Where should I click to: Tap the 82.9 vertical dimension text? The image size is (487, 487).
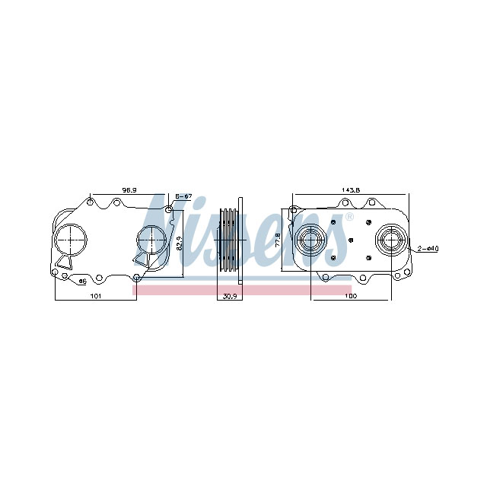click(180, 242)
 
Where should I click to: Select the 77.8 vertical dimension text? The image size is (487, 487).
click(279, 240)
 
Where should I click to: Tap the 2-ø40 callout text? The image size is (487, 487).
click(428, 249)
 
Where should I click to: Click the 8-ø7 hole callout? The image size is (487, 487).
click(183, 196)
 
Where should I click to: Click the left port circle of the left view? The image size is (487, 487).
click(71, 241)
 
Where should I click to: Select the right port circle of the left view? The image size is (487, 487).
click(151, 241)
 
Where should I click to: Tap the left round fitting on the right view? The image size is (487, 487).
click(311, 241)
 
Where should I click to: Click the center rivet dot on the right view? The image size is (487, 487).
click(351, 240)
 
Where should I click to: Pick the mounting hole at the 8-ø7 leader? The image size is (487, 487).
click(169, 208)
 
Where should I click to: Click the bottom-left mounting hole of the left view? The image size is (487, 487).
click(55, 272)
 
